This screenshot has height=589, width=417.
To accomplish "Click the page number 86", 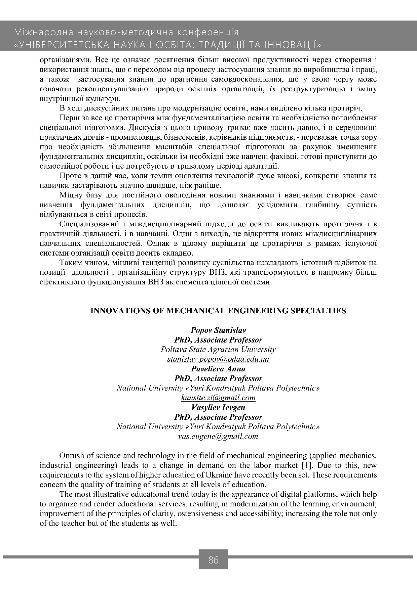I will [x=213, y=560].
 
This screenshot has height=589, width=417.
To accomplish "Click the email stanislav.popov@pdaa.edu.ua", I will [x=218, y=359].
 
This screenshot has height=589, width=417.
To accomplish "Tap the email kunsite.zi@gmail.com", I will [x=218, y=398].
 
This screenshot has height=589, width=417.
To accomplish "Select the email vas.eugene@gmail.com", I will [x=218, y=437].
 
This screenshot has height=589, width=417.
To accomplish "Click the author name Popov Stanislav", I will [x=218, y=330].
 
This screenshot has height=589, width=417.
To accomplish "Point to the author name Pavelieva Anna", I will [x=218, y=369].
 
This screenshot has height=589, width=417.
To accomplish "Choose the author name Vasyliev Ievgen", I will [x=218, y=407].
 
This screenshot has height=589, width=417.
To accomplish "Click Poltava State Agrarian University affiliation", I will [x=218, y=350].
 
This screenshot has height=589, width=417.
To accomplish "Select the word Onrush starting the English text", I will [x=71, y=456].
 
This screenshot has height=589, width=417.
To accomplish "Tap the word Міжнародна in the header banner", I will [x=43, y=33].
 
